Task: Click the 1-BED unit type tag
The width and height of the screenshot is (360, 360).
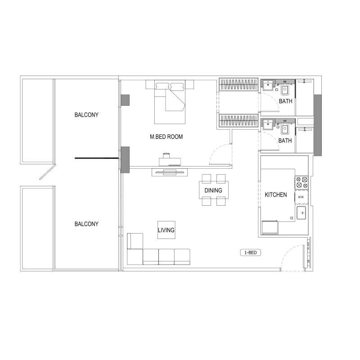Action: pyautogui.click(x=250, y=253)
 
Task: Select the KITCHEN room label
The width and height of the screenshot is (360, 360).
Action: pyautogui.click(x=275, y=195)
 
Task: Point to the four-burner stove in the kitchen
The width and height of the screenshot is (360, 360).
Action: pyautogui.click(x=301, y=182)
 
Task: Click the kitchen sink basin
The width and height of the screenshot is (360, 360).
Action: pyautogui.click(x=301, y=212)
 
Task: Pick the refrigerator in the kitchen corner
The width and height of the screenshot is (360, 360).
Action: pyautogui.click(x=270, y=228)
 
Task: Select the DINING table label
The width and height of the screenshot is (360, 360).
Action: pyautogui.click(x=213, y=190)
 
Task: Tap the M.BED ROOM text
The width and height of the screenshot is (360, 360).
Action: pyautogui.click(x=166, y=137)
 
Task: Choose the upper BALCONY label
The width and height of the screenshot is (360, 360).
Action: pyautogui.click(x=86, y=115)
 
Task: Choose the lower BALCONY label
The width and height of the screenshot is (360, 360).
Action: pyautogui.click(x=86, y=224)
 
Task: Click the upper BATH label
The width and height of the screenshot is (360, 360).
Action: pyautogui.click(x=285, y=101)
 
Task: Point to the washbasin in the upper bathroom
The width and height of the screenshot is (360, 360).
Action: pyautogui.click(x=269, y=84)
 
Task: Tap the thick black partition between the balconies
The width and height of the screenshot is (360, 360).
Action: pyautogui.click(x=97, y=158)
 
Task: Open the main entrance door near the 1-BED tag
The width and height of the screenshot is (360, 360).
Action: pyautogui.click(x=292, y=259)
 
